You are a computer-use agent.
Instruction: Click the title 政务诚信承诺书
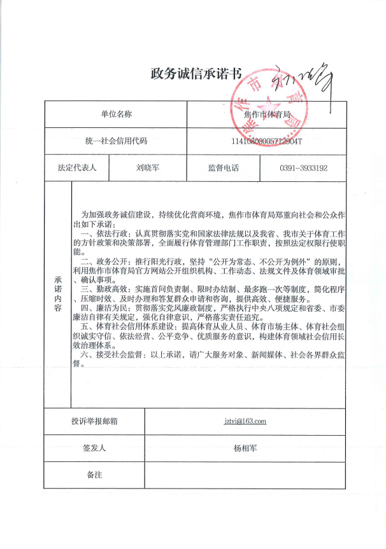pyautogui.click(x=196, y=73)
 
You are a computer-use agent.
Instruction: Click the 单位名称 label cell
pyautogui.click(x=116, y=115)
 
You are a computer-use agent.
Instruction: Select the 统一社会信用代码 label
pyautogui.click(x=116, y=141)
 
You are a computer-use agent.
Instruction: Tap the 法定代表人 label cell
pyautogui.click(x=76, y=169)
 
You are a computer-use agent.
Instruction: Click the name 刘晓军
pyautogui.click(x=148, y=169)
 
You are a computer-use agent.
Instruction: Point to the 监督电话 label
pyautogui.click(x=223, y=169)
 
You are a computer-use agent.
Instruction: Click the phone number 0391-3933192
pyautogui.click(x=304, y=169)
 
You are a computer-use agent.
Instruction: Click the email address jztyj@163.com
pyautogui.click(x=245, y=421)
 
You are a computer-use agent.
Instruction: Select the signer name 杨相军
pyautogui.click(x=245, y=448)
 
